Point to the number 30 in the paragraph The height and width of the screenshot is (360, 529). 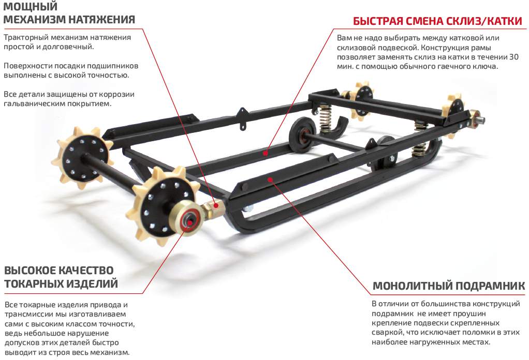[x=513, y=57]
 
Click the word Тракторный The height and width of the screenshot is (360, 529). [x=25, y=38]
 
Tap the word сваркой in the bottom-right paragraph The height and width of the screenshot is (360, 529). [x=386, y=333]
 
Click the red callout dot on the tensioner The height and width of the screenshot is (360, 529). [x=212, y=203]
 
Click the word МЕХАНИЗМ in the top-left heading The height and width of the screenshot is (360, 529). [x=33, y=20]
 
